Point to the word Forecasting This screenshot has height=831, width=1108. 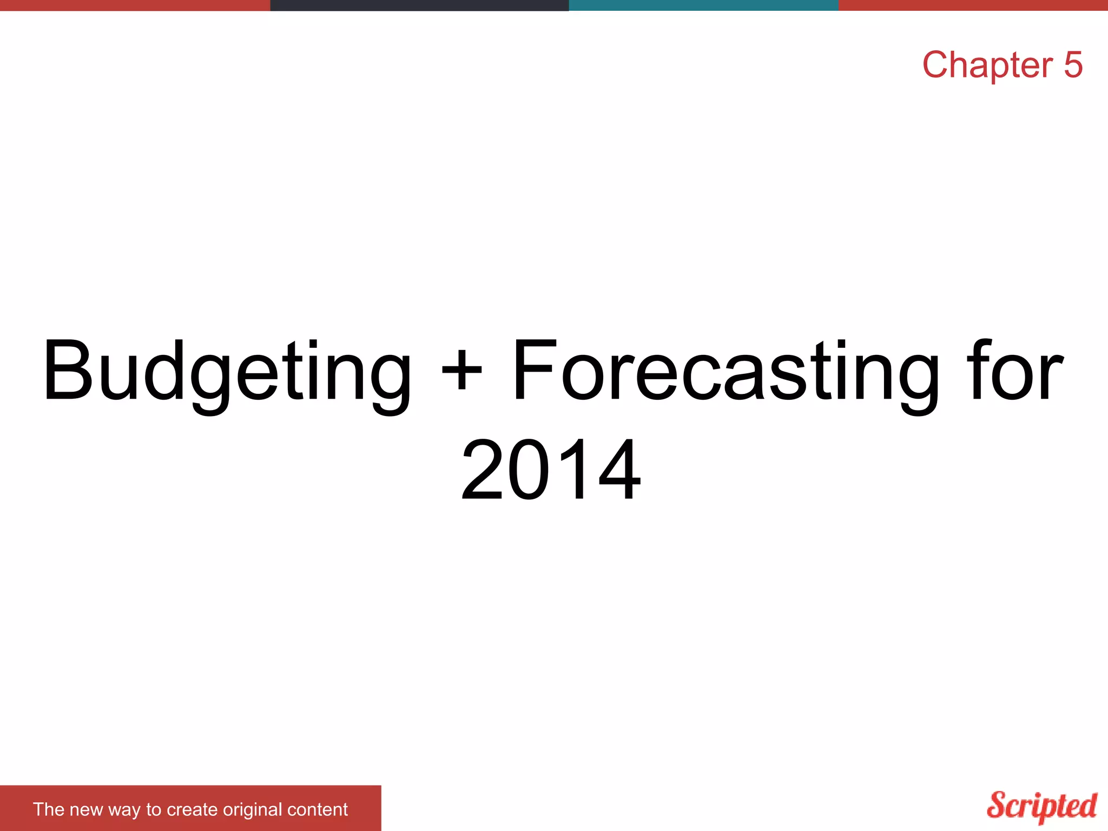[x=725, y=373]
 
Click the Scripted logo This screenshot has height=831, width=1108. [x=1042, y=806]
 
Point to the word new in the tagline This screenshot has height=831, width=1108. [x=86, y=809]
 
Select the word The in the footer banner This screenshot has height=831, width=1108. [x=49, y=809]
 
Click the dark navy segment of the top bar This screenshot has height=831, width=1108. [x=419, y=5]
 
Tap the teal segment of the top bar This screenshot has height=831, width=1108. [x=703, y=5]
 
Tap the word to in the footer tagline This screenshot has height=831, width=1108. [x=154, y=810]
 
